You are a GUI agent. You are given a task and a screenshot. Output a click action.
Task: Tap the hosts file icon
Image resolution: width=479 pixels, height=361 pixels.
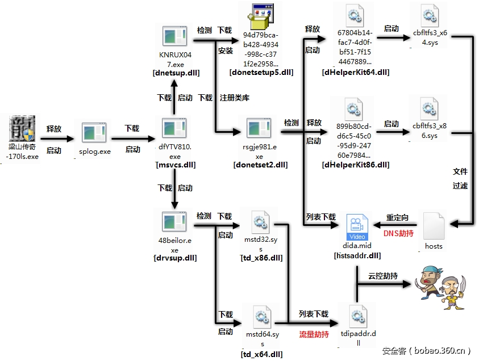tap(434, 226)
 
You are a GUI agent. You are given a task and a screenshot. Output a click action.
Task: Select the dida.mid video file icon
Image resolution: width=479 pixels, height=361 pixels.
tap(357, 227)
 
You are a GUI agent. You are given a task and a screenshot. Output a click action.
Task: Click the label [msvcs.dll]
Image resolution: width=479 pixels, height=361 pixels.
tap(175, 165)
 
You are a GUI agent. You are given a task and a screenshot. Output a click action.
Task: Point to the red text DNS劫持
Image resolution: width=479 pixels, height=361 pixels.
tap(398, 233)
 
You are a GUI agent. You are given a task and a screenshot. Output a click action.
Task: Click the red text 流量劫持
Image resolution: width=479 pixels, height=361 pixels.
tap(314, 335)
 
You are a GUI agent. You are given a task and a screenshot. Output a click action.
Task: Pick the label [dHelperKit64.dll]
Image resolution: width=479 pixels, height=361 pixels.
tap(355, 72)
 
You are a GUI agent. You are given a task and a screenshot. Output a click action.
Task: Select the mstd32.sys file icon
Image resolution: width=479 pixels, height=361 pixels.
tap(261, 222)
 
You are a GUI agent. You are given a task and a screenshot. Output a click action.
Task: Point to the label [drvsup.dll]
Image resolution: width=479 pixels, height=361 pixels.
tap(175, 258)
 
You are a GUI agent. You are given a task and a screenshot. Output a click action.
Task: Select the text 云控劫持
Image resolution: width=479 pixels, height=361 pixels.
tap(383, 276)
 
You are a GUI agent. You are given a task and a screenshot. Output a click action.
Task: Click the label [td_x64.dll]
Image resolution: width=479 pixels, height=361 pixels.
tap(262, 354)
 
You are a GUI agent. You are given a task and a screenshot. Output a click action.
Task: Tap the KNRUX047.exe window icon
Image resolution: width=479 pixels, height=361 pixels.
tap(175, 37)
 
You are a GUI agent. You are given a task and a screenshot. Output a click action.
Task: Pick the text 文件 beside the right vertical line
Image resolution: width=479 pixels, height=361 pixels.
tap(460, 171)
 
